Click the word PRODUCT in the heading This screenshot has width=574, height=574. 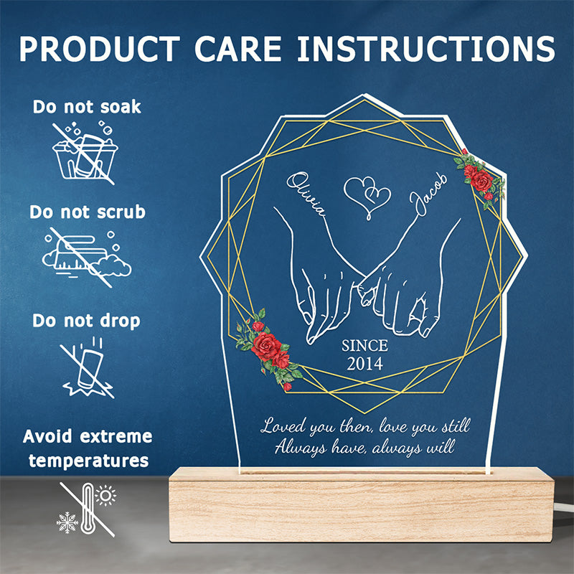coord(100,49)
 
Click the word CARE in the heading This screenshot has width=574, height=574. coord(238,49)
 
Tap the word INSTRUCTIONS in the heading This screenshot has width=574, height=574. coord(426,49)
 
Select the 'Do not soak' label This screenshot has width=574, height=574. coord(87,107)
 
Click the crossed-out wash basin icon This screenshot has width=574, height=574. coord(85,154)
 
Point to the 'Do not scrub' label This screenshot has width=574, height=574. coord(88,212)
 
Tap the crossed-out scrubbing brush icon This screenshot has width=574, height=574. coord(86,258)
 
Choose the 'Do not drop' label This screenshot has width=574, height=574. coord(86,321)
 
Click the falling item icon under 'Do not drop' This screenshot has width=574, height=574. coord(88,367)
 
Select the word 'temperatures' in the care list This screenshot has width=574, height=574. coord(88,461)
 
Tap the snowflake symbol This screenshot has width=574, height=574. coord(67,522)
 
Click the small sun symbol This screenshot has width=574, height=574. coord(105,496)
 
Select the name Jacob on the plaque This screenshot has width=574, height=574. coord(428,194)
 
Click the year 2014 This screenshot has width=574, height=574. coord(364,364)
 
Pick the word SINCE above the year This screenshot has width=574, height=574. coord(364,346)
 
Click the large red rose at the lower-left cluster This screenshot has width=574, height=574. coord(266,347)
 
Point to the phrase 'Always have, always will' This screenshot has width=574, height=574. coord(364,447)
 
